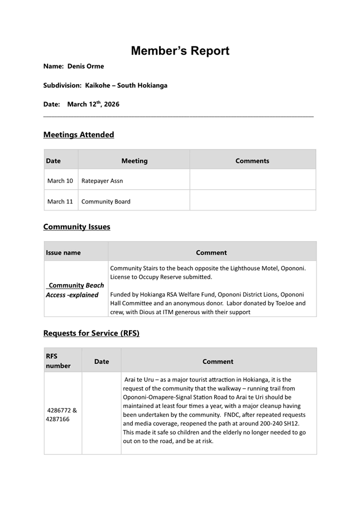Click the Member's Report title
(x=180, y=51)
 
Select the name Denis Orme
(x=85, y=66)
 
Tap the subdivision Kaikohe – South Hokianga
(x=126, y=85)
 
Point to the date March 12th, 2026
(x=93, y=104)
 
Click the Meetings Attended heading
(x=79, y=135)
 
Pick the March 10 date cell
(x=60, y=181)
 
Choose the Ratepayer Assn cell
(x=102, y=181)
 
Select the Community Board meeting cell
(x=106, y=201)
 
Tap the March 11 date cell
(x=60, y=201)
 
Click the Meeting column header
(x=135, y=161)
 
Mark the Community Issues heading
(x=76, y=227)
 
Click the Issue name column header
(x=63, y=253)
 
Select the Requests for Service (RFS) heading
(x=91, y=333)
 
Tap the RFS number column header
(x=58, y=361)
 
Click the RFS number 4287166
(x=57, y=419)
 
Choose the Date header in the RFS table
(x=102, y=362)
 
